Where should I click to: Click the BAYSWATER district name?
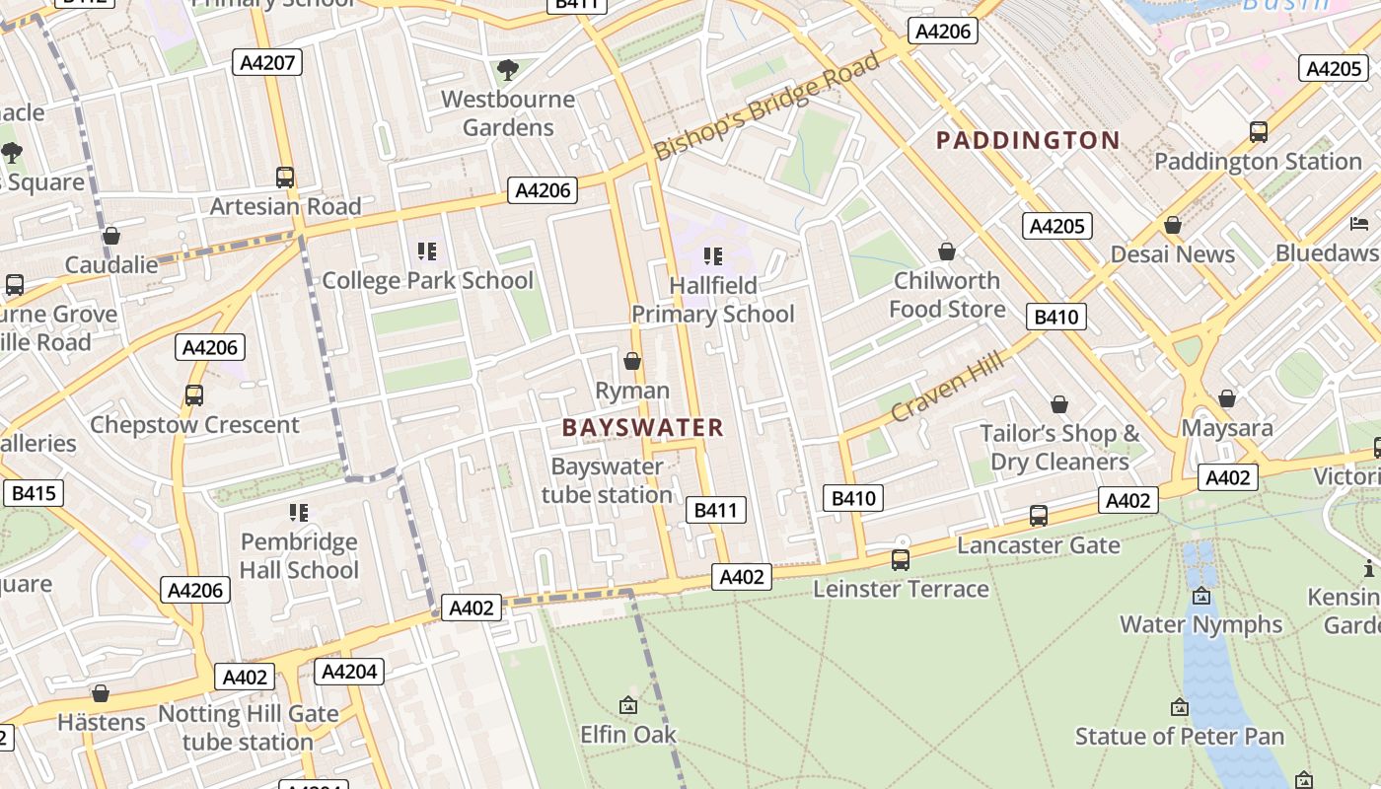tap(643, 427)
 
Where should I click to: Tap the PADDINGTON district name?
tap(1027, 140)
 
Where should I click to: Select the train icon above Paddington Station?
tap(1258, 132)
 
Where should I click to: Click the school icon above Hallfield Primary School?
tap(713, 257)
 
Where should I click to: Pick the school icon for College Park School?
tap(427, 251)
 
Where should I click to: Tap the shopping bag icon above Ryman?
tap(632, 362)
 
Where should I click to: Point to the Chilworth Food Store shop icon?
tap(947, 252)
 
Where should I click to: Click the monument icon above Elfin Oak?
tap(628, 705)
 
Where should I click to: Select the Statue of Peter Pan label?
tap(1180, 736)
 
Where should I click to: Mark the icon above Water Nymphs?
tap(1200, 596)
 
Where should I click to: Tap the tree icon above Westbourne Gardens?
tap(508, 70)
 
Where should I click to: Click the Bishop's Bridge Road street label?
tap(767, 107)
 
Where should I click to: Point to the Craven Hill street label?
tap(947, 387)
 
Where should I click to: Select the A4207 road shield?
tap(267, 63)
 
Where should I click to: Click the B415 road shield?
tap(33, 493)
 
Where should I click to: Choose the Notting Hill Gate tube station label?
tap(249, 728)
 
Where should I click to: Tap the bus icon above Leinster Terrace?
tap(901, 560)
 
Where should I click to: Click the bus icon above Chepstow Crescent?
tap(194, 395)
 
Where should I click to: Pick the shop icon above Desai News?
tap(1172, 226)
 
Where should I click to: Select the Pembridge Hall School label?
tap(299, 556)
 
